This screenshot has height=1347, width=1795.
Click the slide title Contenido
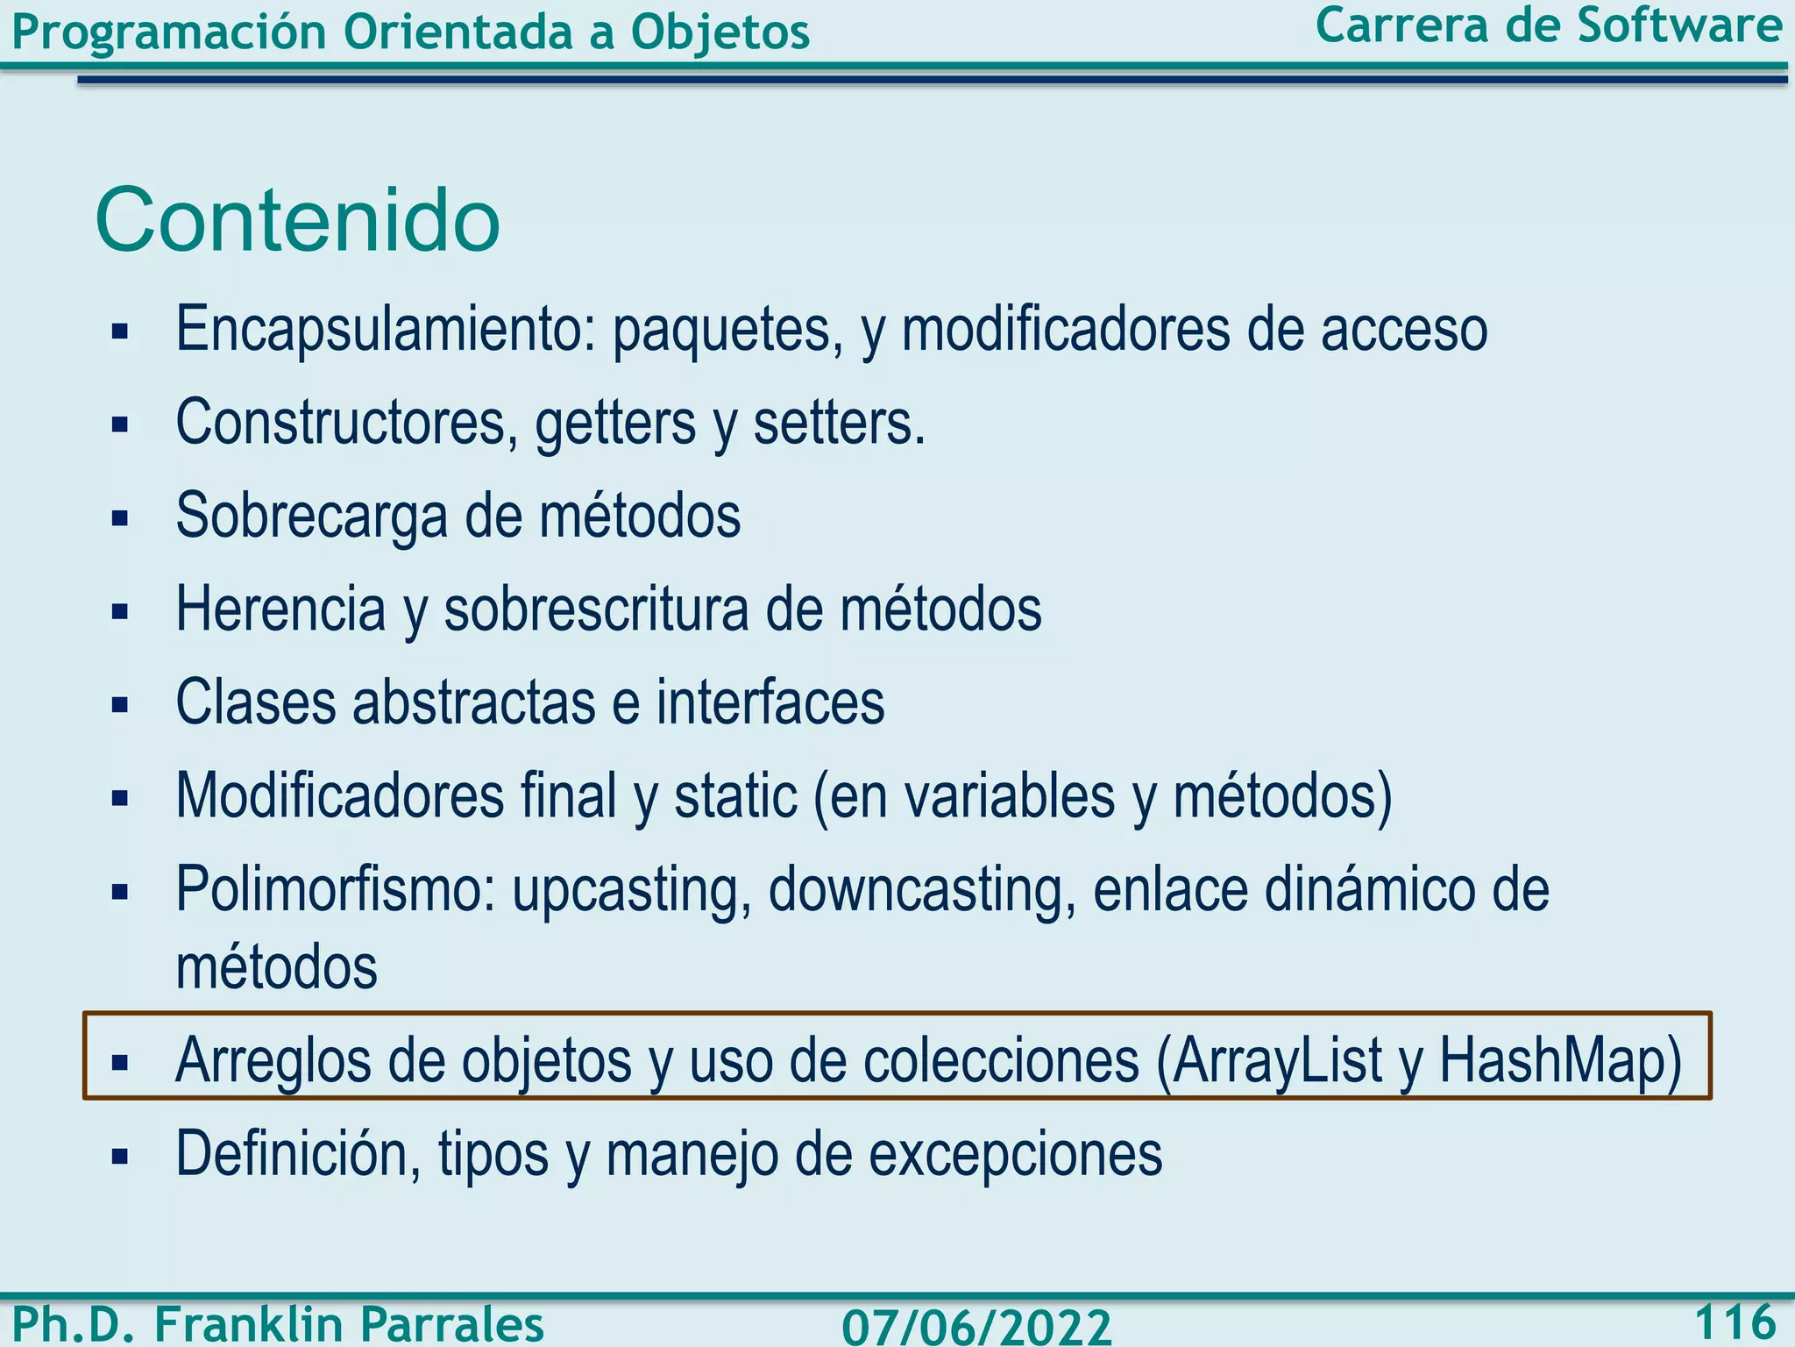pos(297,220)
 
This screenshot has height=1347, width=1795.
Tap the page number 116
pos(1735,1322)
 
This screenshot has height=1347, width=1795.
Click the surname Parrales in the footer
pos(452,1323)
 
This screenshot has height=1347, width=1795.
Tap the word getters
pos(616,424)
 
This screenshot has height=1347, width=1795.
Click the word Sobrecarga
pos(312,517)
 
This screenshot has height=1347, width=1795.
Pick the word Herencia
pos(280,609)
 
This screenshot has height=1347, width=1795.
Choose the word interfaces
pos(770,702)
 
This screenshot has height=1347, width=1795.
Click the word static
pos(734,795)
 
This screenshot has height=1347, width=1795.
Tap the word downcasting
pos(921,890)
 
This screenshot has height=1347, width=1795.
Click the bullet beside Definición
pos(120,1156)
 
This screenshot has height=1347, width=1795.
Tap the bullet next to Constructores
pos(120,425)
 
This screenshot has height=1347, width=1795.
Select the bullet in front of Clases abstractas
pos(120,704)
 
